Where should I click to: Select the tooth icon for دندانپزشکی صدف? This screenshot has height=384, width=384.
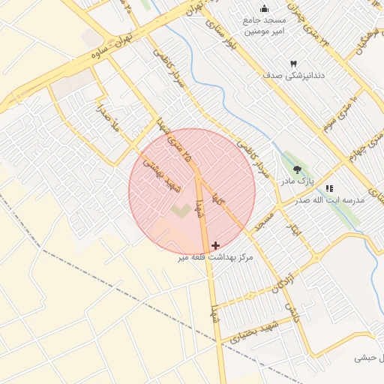point(293,64)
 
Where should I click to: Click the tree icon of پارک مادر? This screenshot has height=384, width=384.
point(298,169)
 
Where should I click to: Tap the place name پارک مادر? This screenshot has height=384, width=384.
point(295,181)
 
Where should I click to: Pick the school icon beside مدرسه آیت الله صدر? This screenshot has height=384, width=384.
point(328,188)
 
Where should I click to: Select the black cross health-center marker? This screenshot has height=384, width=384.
point(216,245)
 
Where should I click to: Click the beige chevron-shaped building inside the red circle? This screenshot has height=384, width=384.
point(180,211)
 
